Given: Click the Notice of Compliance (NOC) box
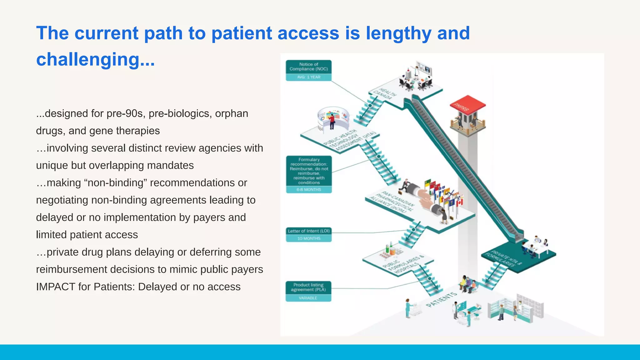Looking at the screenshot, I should point(308,67).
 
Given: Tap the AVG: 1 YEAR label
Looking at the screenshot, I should point(308,77).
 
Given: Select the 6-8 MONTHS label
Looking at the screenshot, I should point(309,189).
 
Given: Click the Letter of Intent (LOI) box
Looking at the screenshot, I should point(309,231).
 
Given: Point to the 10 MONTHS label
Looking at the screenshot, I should point(309,238).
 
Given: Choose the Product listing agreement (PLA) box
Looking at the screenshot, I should point(308,287).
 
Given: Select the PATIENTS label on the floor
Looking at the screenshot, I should point(441,299).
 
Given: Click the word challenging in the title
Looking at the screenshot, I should point(87,59).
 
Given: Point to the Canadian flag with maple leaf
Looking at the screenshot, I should point(459,202).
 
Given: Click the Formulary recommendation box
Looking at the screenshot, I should point(309,171).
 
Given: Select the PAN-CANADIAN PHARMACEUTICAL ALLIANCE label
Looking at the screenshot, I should point(392,203).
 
